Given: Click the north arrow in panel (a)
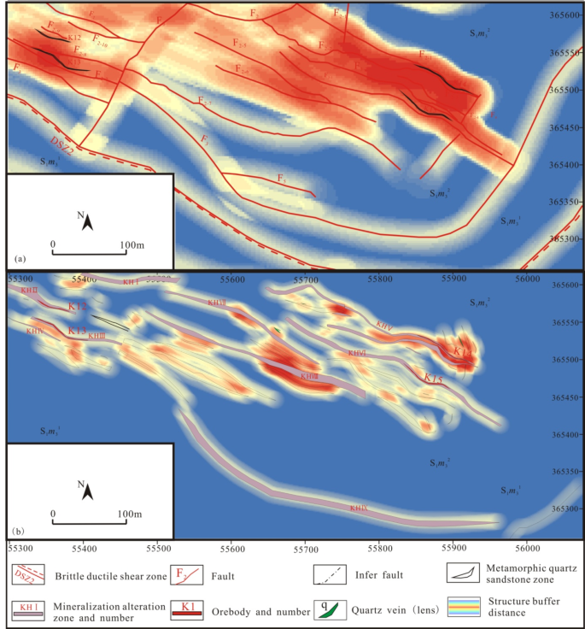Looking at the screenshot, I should [86, 223].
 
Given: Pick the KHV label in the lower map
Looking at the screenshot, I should [384, 325].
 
